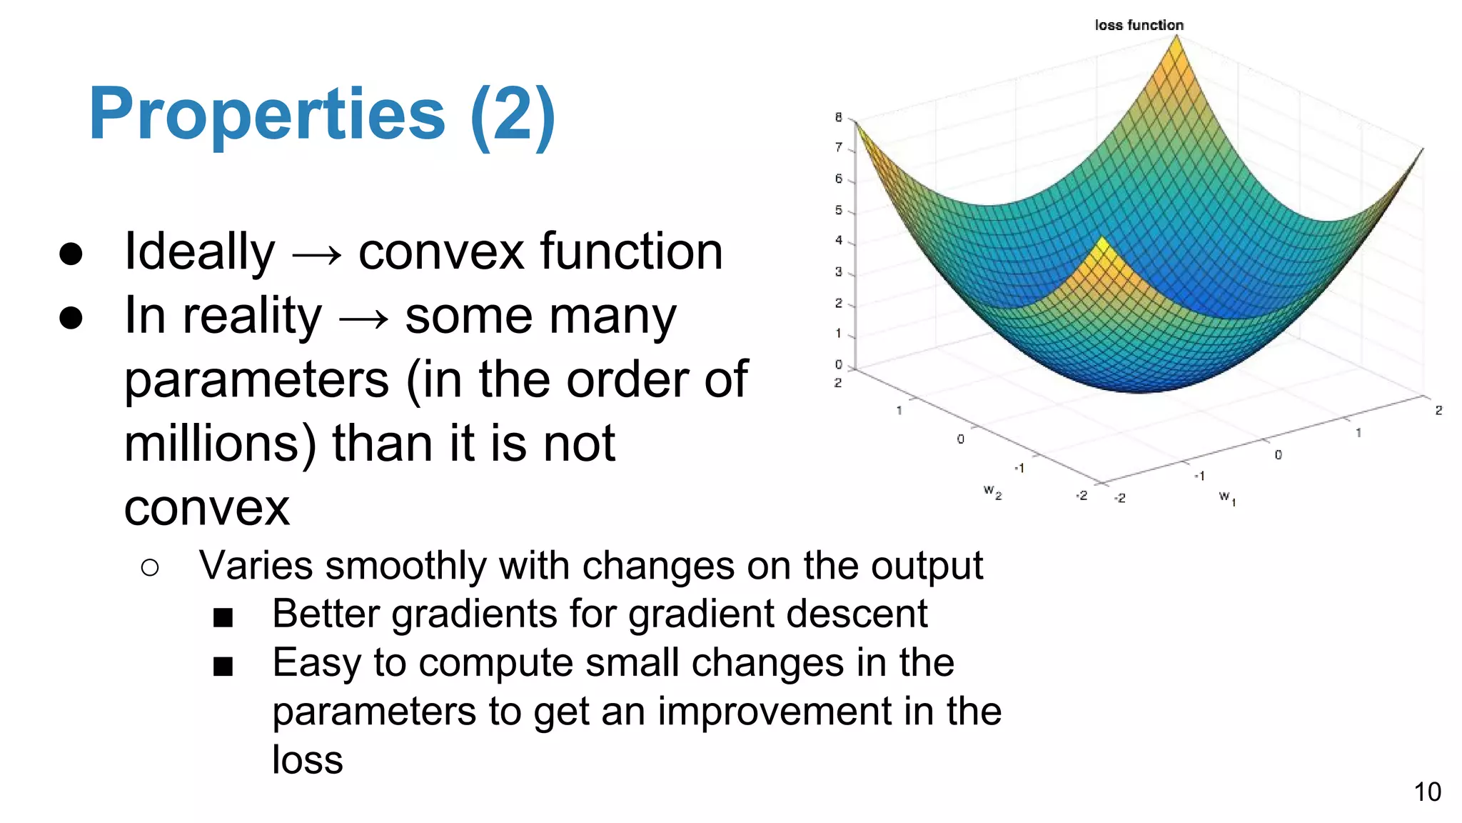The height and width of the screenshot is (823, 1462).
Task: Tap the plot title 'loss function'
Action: (1139, 25)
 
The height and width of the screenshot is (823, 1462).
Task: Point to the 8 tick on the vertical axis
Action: (839, 117)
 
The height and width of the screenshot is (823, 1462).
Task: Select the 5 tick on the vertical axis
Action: (839, 210)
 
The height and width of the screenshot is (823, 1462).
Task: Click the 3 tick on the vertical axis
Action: (839, 272)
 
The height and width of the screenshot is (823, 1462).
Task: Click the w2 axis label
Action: (992, 492)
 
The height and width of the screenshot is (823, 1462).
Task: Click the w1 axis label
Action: (1227, 497)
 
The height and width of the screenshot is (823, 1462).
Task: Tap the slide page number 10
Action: (1427, 792)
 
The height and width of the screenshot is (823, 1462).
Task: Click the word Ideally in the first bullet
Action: (199, 251)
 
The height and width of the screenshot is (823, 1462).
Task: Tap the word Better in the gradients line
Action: (326, 614)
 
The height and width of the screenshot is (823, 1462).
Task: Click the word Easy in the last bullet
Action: (317, 662)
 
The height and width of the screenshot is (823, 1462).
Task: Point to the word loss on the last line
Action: (307, 759)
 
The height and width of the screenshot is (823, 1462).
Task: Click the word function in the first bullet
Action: (631, 251)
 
